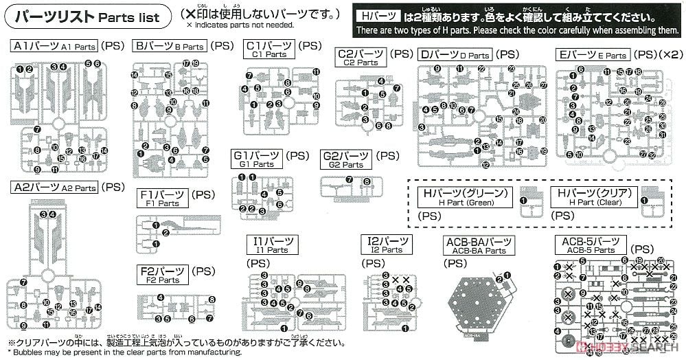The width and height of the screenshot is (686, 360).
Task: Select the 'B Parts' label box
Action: (170, 47)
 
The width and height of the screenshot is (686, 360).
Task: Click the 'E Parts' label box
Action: (593, 54)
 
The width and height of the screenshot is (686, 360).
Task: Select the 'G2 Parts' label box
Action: (346, 159)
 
